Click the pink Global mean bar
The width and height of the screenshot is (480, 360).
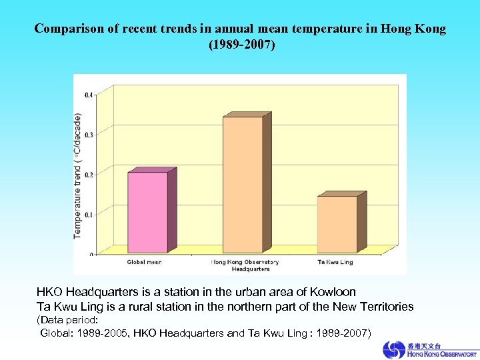(147, 212)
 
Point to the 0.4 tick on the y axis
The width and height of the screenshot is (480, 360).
(89, 95)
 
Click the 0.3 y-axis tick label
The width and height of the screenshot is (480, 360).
(89, 134)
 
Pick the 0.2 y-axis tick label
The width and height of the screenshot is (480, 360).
(89, 174)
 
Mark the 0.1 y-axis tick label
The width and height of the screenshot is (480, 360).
(89, 214)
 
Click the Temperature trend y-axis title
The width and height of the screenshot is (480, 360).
(78, 175)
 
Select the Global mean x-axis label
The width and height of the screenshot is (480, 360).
(145, 262)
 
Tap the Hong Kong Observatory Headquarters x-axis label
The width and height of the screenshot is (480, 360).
(245, 265)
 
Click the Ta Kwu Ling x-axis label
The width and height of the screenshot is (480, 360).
(335, 262)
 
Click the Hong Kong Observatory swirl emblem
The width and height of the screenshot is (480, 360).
(393, 349)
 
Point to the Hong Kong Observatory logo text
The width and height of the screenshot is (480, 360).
(439, 350)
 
